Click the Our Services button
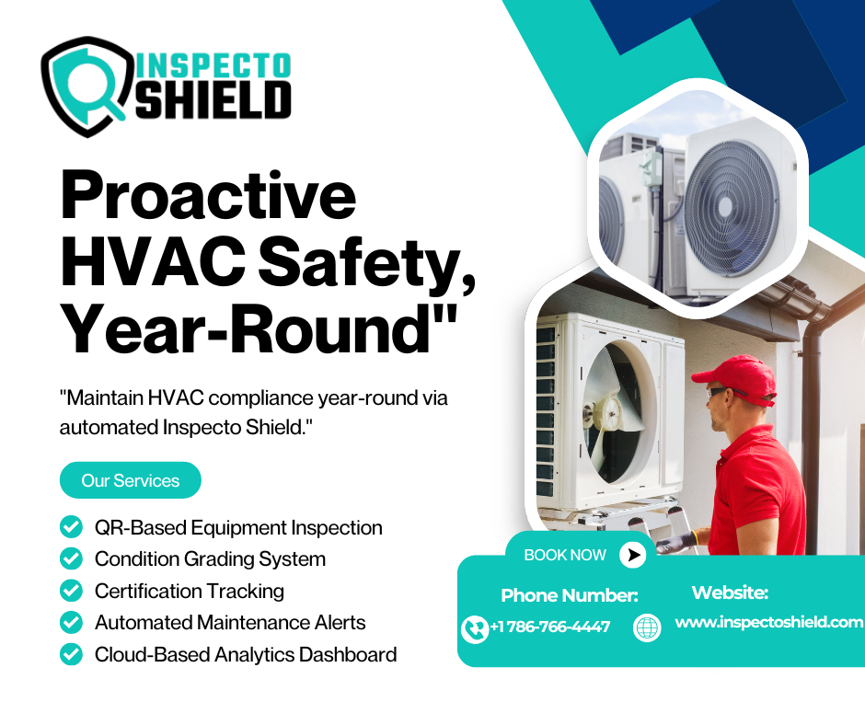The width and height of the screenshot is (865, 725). coord(130,480)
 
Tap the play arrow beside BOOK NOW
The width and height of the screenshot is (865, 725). coord(633,555)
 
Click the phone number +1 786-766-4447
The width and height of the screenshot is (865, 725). coord(550,627)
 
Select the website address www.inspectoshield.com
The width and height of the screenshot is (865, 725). coord(769,622)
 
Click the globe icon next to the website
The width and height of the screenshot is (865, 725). coord(647,627)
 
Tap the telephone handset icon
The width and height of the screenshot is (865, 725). coord(475,629)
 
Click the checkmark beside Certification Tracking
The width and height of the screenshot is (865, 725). coord(71,591)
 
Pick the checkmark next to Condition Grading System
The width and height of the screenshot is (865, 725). coord(71,558)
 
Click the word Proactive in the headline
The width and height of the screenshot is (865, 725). coord(209,196)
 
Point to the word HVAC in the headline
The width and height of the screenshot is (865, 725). coord(153,259)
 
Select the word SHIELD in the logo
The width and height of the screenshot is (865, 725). coord(213,100)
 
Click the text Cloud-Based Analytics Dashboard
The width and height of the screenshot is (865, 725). coord(246,654)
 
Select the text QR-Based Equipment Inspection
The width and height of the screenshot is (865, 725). coord(238,528)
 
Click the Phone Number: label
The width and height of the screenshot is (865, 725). coord(570,595)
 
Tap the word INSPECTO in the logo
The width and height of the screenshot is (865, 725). coord(213,65)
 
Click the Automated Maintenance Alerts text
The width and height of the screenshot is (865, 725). coord(230,622)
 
